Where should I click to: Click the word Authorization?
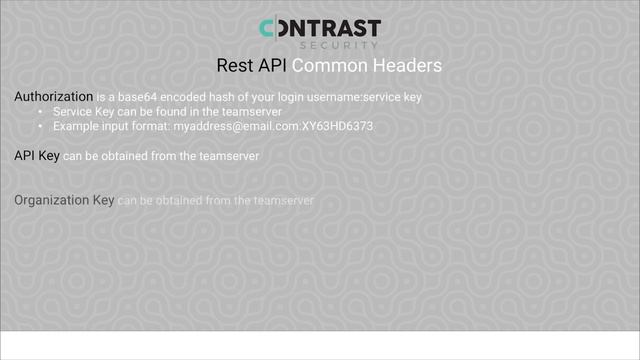click(53, 97)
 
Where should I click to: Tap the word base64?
click(143, 97)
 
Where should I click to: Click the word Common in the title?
click(321, 66)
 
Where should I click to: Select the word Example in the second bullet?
click(76, 127)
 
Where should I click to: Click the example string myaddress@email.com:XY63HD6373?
click(273, 127)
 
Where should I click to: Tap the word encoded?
click(188, 97)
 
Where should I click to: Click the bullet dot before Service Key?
click(40, 112)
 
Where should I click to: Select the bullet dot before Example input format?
click(40, 127)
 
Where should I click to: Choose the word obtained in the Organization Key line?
click(177, 201)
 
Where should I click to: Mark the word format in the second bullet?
click(151, 127)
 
